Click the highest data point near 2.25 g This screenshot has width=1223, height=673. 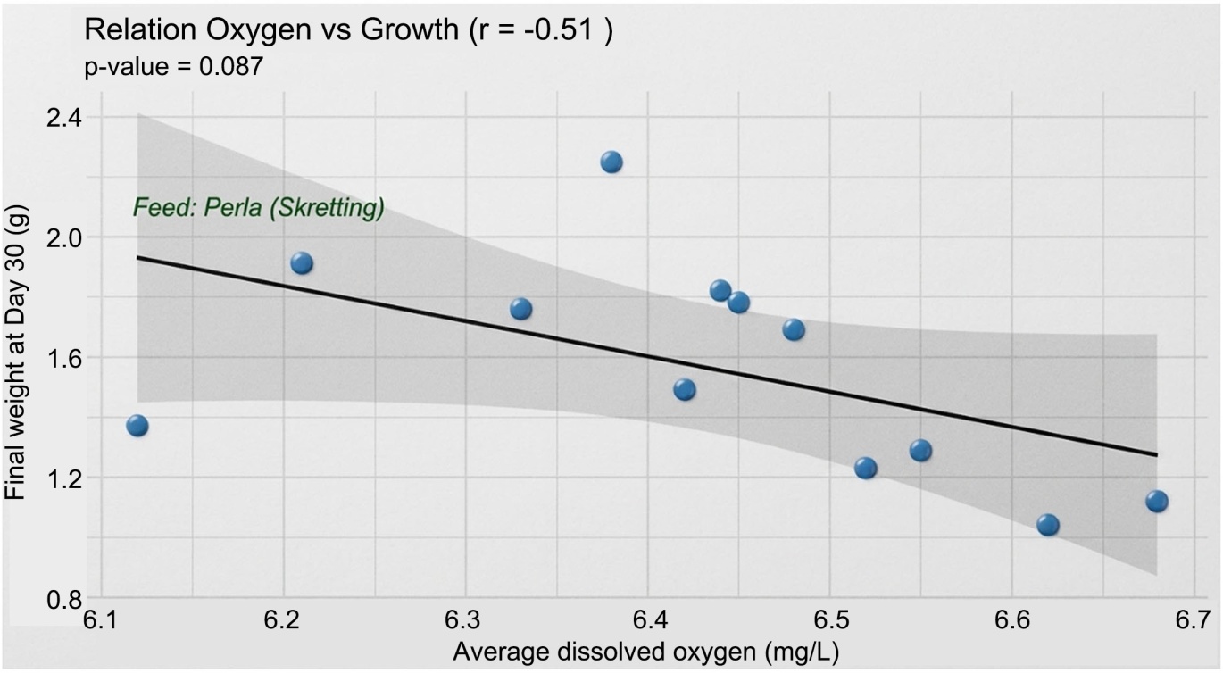point(611,162)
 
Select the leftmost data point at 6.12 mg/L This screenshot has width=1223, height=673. point(137,426)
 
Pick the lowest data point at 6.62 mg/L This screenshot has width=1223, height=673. point(1048,525)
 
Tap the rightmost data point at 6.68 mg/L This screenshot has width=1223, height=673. point(1157,501)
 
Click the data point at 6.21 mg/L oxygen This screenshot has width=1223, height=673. point(302,263)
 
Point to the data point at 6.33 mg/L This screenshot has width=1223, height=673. point(520,310)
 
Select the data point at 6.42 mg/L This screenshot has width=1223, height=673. point(685,390)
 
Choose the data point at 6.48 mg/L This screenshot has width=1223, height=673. point(794,329)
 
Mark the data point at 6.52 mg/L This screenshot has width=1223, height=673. point(866,468)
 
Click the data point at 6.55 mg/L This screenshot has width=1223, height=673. point(920,451)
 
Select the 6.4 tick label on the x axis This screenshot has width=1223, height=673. point(648,620)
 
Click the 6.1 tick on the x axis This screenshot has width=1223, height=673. point(102,620)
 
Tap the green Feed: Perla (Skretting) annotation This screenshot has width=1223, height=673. point(259,208)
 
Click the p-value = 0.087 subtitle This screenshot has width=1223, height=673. point(173,67)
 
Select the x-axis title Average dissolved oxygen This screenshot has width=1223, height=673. point(646,652)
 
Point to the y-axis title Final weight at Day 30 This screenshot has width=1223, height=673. point(15,353)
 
